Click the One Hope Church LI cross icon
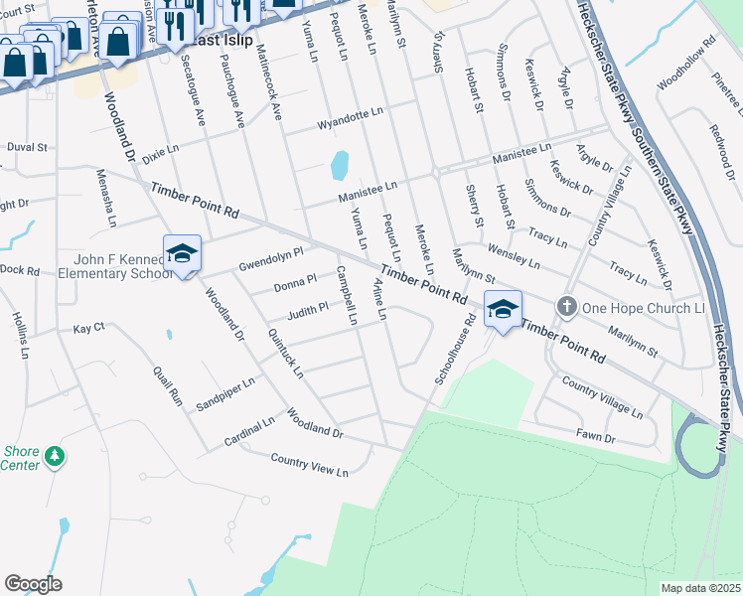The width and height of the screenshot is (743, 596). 566,306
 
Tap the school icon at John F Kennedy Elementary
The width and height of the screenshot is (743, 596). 183,254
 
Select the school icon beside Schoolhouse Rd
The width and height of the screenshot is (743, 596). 503,310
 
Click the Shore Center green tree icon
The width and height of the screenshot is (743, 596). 57,456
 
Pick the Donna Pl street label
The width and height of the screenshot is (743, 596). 295,284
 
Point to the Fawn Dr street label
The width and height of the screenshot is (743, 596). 596,436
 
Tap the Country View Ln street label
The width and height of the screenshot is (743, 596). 309,464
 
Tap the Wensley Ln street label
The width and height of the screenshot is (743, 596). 513,255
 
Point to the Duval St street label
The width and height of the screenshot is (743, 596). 27,147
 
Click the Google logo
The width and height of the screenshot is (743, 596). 33,584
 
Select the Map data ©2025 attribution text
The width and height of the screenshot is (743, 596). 699,588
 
